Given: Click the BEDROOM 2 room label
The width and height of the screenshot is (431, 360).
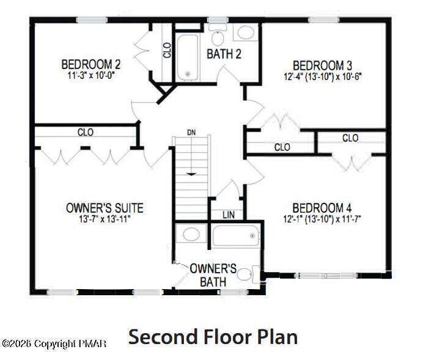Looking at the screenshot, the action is pos(91,65).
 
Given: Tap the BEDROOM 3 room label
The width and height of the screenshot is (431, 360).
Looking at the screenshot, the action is pos(322,66).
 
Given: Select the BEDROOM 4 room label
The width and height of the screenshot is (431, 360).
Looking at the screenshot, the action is pos(322,208).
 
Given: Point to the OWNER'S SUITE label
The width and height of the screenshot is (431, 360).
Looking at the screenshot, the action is pos(105,208).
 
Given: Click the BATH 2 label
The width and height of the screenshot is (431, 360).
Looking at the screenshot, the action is pos(224,54).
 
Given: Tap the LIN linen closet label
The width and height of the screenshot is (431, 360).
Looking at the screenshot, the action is pos(229,215).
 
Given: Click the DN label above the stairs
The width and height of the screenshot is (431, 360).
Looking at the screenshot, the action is pos(191,133).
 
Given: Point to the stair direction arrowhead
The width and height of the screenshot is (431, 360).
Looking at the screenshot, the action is pos(191,174).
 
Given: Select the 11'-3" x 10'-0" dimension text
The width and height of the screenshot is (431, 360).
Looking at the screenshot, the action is pos(91,75).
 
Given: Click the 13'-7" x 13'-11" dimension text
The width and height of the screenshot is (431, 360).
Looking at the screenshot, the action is pos(105,219).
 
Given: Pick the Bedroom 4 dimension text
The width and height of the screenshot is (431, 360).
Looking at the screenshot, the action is pos(322,219).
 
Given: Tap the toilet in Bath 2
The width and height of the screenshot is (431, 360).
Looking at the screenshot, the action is pos(218,36).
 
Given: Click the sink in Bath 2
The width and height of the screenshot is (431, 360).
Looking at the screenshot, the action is pos(246,33).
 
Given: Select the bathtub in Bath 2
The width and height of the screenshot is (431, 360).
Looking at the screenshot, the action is pos(188,57).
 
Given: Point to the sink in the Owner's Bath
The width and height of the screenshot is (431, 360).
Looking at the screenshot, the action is pos(191,234).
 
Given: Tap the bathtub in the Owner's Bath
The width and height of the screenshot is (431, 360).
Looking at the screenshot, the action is pos(235,235).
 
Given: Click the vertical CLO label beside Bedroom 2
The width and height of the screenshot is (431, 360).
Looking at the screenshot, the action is pos(167,50).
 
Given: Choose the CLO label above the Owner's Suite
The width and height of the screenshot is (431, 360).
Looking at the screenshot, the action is pos(86,133).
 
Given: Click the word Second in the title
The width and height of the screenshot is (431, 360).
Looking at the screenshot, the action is pos(163,336).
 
